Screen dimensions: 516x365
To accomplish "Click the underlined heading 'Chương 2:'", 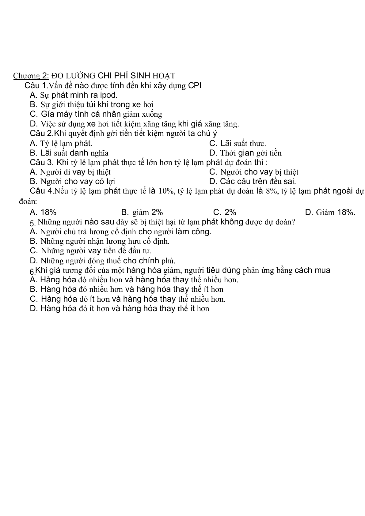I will tap(31, 76).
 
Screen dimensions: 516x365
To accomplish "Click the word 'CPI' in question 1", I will tap(195, 85).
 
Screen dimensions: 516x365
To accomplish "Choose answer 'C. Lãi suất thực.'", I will tap(238, 143).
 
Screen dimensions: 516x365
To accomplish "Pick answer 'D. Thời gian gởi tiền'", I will tap(245, 153).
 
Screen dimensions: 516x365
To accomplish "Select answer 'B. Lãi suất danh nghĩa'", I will tap(69, 153).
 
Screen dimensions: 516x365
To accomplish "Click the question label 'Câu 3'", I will tap(41, 162).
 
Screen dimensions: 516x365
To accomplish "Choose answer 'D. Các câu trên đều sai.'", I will tap(253, 181).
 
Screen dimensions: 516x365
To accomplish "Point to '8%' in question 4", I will tap(272, 191).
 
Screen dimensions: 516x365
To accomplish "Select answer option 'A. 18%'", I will tap(43, 212).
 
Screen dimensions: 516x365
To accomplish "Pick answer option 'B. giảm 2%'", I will tap(142, 212).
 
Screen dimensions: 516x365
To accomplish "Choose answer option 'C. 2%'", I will tap(225, 212).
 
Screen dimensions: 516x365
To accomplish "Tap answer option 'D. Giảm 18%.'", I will tap(330, 212).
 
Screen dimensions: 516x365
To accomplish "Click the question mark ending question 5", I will tap(293, 222).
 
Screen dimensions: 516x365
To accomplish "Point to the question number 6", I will tap(32, 272).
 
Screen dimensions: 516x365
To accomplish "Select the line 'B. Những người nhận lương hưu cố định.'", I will tap(100, 241).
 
